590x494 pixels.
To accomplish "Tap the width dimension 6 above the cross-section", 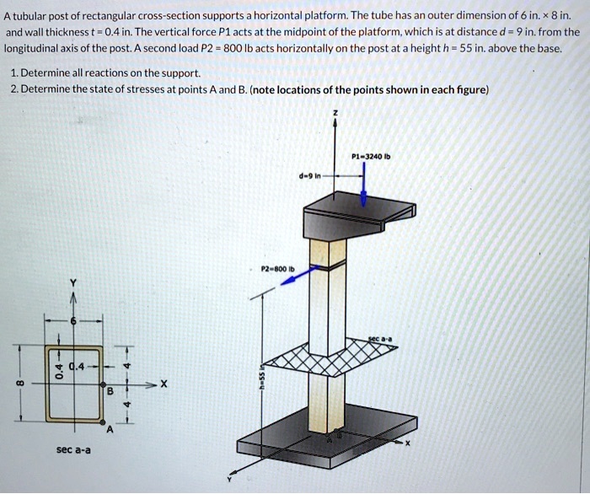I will coord(73,321).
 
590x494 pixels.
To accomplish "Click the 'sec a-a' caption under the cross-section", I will coord(73,450).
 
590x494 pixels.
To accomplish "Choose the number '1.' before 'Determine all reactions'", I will coord(18,72).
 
